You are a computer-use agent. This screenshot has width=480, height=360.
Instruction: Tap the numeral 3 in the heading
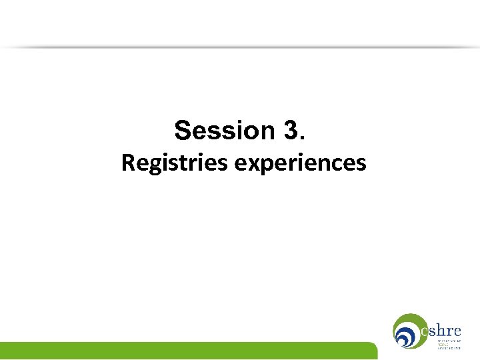coord(291,131)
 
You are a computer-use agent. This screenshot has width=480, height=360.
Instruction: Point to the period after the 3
coord(304,139)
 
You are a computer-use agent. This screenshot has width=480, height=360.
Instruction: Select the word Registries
coord(175,163)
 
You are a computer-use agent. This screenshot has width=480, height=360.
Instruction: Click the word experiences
coord(300,163)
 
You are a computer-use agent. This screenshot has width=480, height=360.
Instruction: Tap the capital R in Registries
coord(127,163)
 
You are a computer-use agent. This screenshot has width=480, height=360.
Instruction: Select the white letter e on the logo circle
coord(425,331)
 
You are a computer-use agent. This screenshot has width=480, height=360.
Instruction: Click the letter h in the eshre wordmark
coord(443,330)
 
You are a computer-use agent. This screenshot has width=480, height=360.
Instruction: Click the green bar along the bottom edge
coord(187,351)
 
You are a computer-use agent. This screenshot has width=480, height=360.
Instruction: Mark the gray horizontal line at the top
coord(240,47)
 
